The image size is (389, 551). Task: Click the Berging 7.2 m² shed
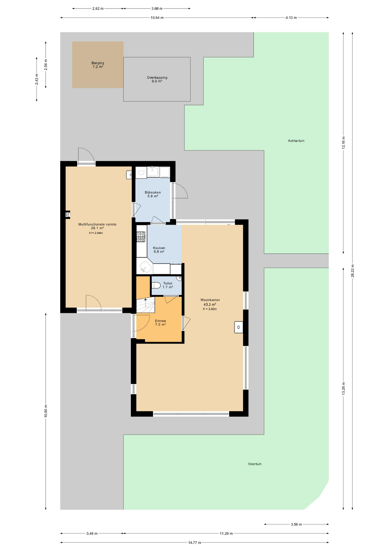tap(98, 65)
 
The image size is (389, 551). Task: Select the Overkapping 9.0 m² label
tap(157, 79)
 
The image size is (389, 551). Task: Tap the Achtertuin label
tap(296, 141)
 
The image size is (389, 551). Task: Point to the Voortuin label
tap(255, 464)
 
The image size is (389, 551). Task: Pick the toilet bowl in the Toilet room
tap(156, 286)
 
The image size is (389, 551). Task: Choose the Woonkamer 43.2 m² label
tap(210, 302)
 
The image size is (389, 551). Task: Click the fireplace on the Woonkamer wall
tap(239, 327)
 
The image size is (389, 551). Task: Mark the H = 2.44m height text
tap(96, 233)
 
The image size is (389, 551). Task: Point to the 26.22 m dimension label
tap(353, 271)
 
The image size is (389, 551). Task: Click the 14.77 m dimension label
tap(194, 542)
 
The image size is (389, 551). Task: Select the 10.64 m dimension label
tap(157, 18)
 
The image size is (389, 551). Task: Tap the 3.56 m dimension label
tap(296, 524)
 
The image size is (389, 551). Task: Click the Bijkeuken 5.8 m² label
tap(153, 194)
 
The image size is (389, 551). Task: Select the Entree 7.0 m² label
tap(160, 323)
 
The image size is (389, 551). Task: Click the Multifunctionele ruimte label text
tap(97, 224)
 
